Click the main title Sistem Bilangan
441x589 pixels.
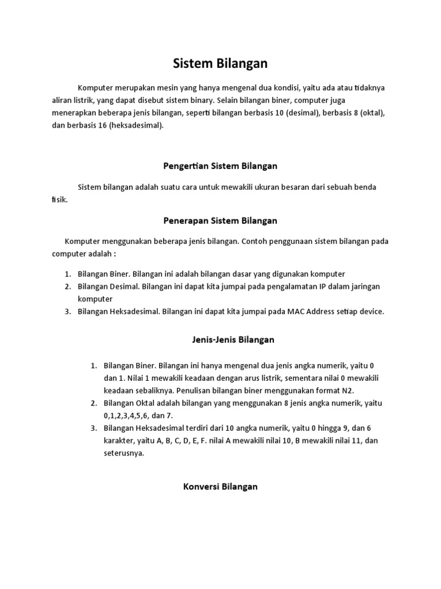[x=220, y=63]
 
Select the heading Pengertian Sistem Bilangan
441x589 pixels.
[x=220, y=166]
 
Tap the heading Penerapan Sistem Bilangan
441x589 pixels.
[x=220, y=221]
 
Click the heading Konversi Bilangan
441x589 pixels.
[x=220, y=487]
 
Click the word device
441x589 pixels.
[x=370, y=312]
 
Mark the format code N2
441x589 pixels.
[x=363, y=391]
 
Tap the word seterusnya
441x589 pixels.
[x=124, y=453]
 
